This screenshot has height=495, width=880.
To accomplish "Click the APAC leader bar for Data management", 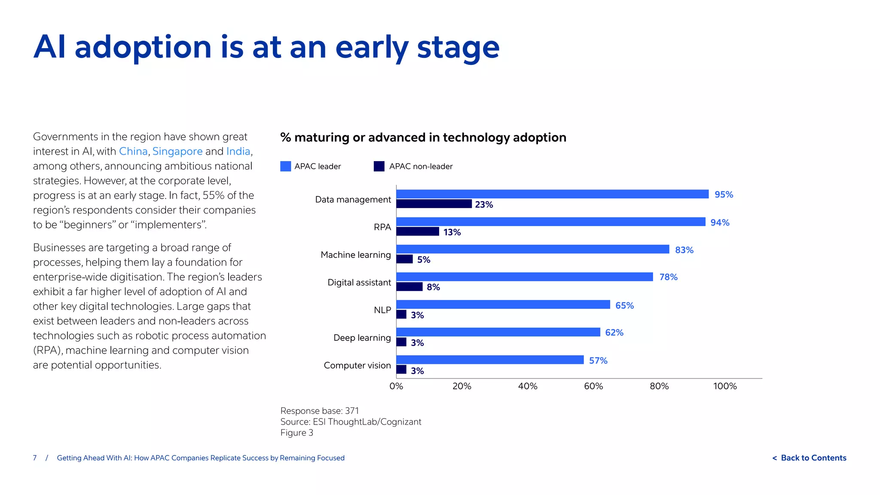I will (552, 194).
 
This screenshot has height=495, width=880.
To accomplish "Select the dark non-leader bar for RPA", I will (417, 232).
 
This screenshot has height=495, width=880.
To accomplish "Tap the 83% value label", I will (684, 250).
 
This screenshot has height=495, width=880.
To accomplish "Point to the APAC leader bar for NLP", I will (503, 305).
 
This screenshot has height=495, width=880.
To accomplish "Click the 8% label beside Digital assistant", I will (433, 287).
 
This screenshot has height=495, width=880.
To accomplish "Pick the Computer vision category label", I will (357, 365).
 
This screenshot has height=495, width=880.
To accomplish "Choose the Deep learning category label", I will (362, 338).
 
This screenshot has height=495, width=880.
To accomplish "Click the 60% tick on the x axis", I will (593, 386).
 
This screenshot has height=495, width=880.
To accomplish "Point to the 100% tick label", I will (725, 386).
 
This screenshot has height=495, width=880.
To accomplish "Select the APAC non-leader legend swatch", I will (379, 166).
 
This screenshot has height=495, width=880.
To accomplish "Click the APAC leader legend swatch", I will (285, 166).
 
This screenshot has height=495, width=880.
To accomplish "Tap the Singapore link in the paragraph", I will (177, 151).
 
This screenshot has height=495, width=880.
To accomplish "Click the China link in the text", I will (133, 151).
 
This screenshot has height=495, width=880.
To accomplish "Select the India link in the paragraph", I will (238, 151).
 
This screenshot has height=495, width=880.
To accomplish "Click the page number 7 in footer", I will (35, 458).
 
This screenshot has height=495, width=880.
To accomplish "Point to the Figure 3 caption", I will (296, 433).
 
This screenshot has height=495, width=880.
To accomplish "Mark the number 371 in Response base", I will (352, 411).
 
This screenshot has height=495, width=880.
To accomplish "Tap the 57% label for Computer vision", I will (598, 361).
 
